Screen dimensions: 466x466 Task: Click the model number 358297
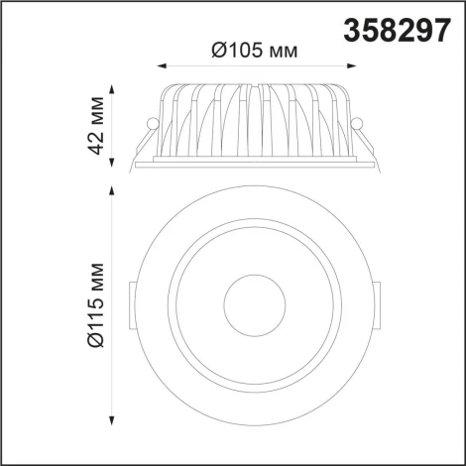[397, 30]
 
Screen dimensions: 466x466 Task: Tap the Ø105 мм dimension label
[255, 51]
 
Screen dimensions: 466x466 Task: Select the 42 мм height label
[96, 126]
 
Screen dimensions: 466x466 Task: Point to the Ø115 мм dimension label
[96, 304]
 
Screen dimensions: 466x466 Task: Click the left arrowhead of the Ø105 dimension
[161, 66]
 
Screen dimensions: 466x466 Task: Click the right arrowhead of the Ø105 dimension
[352, 66]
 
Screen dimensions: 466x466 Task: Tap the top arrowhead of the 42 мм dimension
[112, 89]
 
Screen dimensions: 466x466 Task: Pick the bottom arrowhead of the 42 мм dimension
[112, 163]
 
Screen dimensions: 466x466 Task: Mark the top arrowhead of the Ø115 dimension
[112, 190]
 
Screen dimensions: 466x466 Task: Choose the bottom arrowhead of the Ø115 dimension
[112, 420]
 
